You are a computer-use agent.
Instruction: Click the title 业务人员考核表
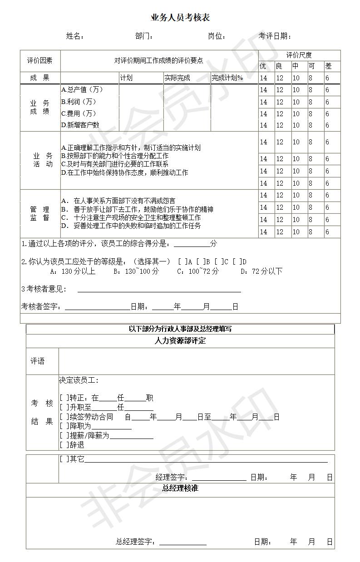click(x=180, y=18)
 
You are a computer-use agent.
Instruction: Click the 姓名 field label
click(x=75, y=36)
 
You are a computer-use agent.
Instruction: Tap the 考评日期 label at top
click(x=275, y=36)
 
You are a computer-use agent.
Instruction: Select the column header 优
click(x=263, y=66)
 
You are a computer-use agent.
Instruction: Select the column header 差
click(x=329, y=66)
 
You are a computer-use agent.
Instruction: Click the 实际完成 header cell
click(x=178, y=78)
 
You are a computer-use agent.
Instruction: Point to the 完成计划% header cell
click(x=227, y=78)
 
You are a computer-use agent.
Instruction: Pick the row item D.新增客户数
click(x=80, y=125)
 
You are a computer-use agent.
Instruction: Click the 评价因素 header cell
click(x=40, y=61)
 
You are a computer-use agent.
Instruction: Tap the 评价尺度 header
click(x=299, y=55)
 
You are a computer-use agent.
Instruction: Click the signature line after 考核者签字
click(x=97, y=307)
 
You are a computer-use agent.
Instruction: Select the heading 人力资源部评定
click(x=180, y=341)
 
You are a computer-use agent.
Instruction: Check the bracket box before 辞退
click(x=64, y=445)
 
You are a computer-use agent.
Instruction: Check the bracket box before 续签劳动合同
click(x=64, y=417)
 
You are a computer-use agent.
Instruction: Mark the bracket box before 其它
click(x=64, y=459)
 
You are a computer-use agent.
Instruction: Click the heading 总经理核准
click(x=180, y=488)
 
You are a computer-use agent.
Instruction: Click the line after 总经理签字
click(x=182, y=542)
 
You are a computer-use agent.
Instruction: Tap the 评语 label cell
click(x=38, y=361)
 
